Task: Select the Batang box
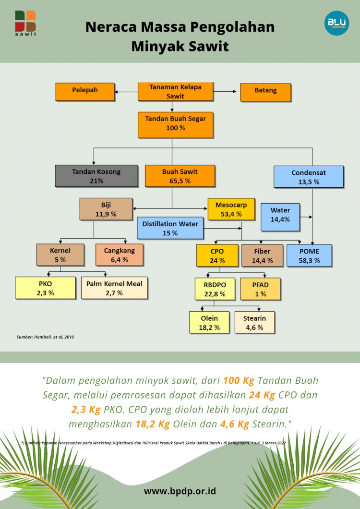tap(265, 91)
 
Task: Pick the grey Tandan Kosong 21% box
tap(96, 176)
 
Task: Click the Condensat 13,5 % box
tap(309, 177)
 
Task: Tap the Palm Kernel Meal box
tap(114, 288)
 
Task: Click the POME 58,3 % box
tap(309, 255)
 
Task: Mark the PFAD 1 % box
tap(260, 289)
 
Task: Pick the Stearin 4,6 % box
tap(254, 322)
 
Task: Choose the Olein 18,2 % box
tap(210, 322)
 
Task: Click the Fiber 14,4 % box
tap(263, 255)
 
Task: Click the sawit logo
tap(25, 23)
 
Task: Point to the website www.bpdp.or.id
tap(180, 491)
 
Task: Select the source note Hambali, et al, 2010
tap(46, 337)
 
